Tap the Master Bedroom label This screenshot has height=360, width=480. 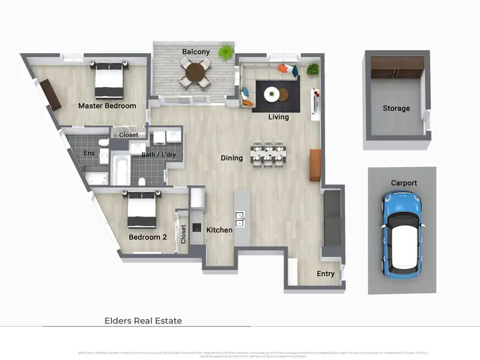[x=107, y=106]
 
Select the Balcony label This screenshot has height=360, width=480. [x=195, y=52]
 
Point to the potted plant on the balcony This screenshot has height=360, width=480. [x=226, y=52]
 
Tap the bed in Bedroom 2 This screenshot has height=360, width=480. [x=141, y=211]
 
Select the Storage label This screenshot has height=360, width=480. [x=396, y=108]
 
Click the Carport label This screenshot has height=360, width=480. [x=404, y=183]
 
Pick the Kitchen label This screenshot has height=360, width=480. [x=220, y=230]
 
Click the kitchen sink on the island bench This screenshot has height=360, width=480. [x=241, y=219]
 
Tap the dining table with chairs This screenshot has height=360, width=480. [x=269, y=156]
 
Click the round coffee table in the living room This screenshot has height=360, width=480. [x=272, y=94]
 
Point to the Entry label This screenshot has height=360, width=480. [x=326, y=274]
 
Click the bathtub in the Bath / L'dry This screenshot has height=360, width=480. [x=120, y=168]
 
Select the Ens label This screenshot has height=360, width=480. [x=89, y=154]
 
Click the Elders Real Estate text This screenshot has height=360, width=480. [x=143, y=320]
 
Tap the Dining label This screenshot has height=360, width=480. [x=232, y=158]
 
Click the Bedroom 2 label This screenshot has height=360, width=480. [x=148, y=237]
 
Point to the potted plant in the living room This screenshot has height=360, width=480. [x=313, y=69]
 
